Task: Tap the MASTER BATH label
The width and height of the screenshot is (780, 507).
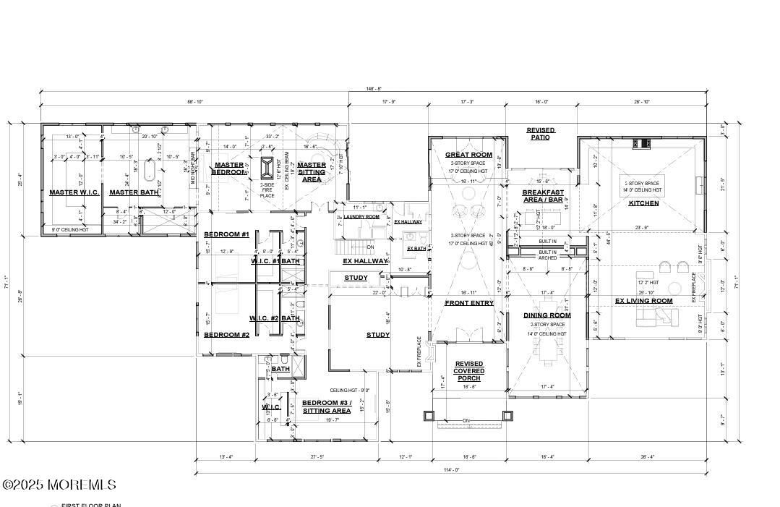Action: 133,192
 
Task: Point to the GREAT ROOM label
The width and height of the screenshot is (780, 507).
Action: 468,155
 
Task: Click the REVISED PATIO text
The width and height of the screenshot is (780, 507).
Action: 541,134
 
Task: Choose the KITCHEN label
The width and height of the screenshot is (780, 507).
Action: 643,203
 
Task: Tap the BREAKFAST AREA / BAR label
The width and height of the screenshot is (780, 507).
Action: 543,196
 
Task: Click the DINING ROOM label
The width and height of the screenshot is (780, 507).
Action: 547,315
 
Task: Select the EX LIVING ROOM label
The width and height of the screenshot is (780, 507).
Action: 643,301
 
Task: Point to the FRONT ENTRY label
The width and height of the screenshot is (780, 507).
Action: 469,303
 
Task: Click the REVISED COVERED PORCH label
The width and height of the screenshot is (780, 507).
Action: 469,371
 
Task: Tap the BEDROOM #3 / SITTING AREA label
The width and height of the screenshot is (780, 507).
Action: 326,406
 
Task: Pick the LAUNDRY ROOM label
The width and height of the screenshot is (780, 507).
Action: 361,217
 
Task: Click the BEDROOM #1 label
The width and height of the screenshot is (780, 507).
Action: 226,234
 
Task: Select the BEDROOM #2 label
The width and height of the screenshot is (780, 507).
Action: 226,335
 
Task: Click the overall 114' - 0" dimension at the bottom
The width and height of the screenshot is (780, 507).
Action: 451,470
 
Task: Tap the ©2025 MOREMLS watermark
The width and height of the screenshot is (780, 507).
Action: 59,484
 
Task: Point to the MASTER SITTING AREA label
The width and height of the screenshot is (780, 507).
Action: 312,171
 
